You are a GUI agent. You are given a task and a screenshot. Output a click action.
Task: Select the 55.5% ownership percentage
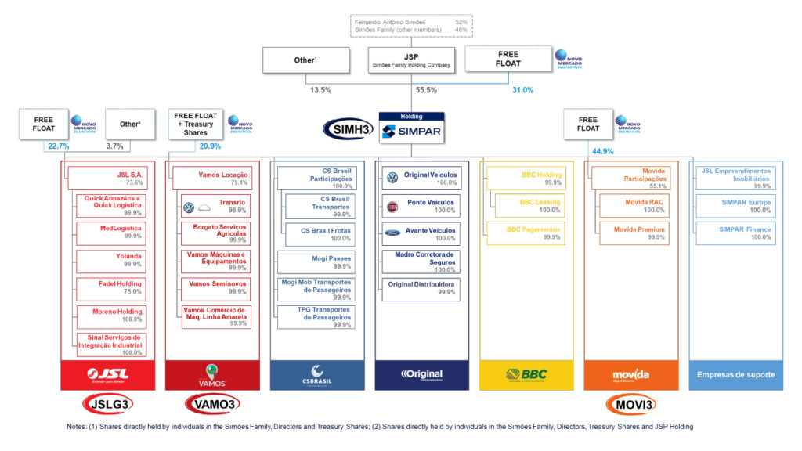[x=405, y=91]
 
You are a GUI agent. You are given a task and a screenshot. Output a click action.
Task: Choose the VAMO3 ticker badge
[x=211, y=404]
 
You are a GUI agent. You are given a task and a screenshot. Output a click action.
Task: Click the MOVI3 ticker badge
[x=630, y=404]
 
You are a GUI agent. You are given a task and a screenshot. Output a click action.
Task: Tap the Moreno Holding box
[x=110, y=315]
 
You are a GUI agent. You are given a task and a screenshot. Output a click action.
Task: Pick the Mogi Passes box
[x=316, y=262]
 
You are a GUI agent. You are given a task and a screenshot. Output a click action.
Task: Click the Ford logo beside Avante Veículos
[x=393, y=233]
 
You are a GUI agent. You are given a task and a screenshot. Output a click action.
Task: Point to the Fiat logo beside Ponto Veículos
[x=393, y=206]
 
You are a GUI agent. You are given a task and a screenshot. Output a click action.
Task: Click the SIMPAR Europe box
[x=735, y=206]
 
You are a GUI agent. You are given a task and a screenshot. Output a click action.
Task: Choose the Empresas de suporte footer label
[x=735, y=374]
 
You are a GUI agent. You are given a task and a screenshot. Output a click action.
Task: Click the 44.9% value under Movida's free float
[x=601, y=151]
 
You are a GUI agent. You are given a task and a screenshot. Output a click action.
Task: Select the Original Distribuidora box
[x=421, y=287]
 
